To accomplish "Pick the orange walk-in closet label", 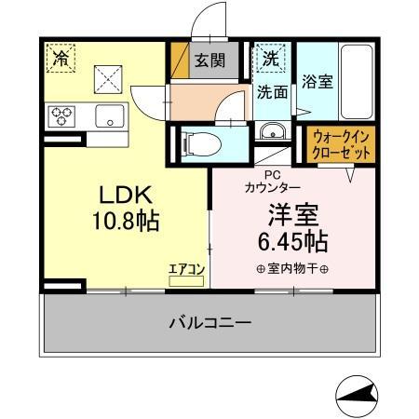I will [x=342, y=144].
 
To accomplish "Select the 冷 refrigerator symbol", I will [x=61, y=59].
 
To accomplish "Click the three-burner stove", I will [x=63, y=116].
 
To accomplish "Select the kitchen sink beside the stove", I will [x=109, y=116].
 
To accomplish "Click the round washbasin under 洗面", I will [x=272, y=129].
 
